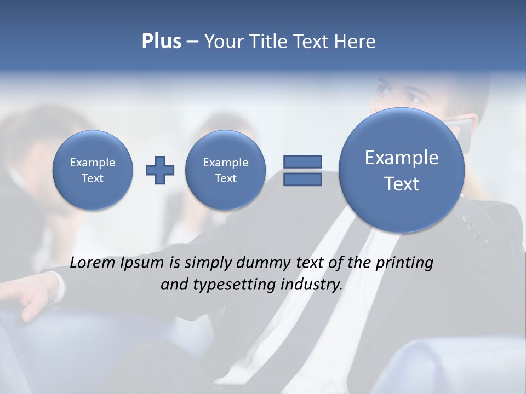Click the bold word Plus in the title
click(x=161, y=42)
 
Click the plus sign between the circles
click(x=160, y=170)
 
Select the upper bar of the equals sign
click(x=302, y=161)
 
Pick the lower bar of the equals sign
click(x=302, y=179)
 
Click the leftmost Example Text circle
click(x=93, y=170)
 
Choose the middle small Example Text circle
click(x=226, y=170)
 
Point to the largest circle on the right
click(x=402, y=170)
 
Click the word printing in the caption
click(x=404, y=263)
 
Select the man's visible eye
click(x=412, y=99)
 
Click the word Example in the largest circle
click(x=402, y=158)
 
